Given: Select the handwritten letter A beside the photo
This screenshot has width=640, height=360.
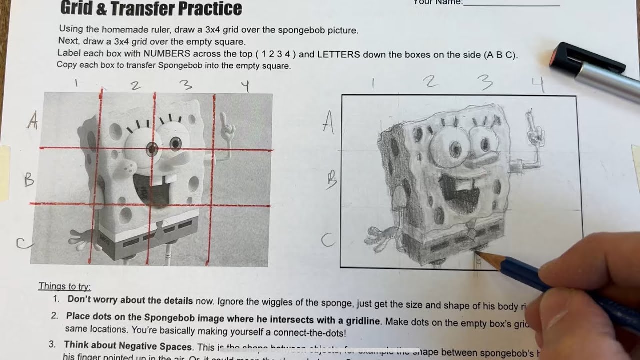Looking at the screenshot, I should [x=33, y=120].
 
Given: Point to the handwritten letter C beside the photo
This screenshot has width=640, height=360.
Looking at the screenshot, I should [x=23, y=244].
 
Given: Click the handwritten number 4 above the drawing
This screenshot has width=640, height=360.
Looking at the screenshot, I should [x=538, y=84].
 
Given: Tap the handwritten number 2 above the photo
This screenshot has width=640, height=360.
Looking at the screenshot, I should [x=135, y=86].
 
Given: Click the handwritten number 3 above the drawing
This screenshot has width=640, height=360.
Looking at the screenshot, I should [x=484, y=83].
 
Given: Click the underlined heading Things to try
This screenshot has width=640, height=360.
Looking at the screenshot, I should [x=65, y=286].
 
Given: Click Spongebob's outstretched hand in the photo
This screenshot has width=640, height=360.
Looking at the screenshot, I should [x=80, y=239].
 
